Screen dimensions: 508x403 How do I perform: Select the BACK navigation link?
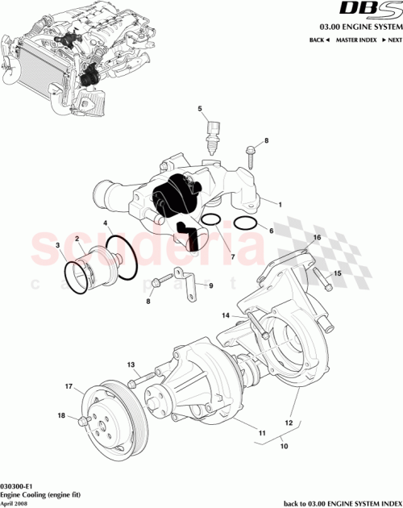[x=318, y=39]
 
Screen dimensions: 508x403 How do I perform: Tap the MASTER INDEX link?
[x=355, y=39]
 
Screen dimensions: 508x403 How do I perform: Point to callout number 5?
[x=201, y=107]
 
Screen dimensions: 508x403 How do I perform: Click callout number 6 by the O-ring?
[x=272, y=230]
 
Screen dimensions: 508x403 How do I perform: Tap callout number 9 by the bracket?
[x=211, y=285]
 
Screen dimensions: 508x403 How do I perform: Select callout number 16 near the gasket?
[x=317, y=238]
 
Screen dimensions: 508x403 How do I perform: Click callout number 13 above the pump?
[x=131, y=364]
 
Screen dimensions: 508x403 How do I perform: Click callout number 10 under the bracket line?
[x=283, y=443]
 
